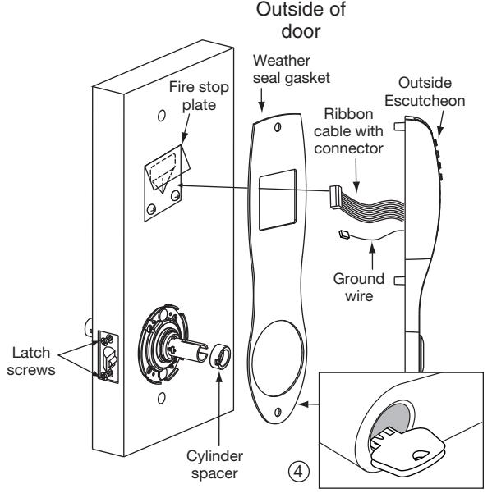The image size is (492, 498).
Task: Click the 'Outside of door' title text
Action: pyautogui.click(x=301, y=20)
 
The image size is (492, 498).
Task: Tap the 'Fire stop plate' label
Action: pyautogui.click(x=199, y=96)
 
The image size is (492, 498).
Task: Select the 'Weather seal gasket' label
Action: pyautogui.click(x=292, y=69)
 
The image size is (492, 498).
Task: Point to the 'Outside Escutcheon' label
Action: pyautogui.click(x=425, y=92)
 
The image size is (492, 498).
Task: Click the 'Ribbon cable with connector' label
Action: pyautogui.click(x=348, y=131)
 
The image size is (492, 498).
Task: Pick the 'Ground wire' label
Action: pyautogui.click(x=359, y=287)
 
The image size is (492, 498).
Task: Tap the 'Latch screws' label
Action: pyautogui.click(x=31, y=362)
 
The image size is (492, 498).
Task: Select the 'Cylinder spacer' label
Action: pyautogui.click(x=214, y=464)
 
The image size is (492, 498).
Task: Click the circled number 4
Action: pyautogui.click(x=298, y=472)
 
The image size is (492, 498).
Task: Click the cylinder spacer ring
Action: pyautogui.click(x=220, y=356)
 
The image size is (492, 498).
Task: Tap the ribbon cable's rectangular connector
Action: pyautogui.click(x=335, y=197)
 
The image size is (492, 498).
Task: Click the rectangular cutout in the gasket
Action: pyautogui.click(x=278, y=199)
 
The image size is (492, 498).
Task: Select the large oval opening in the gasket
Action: pyautogui.click(x=278, y=359)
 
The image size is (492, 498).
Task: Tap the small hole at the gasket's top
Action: pyautogui.click(x=278, y=127)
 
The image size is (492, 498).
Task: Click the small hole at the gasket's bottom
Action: pyautogui.click(x=278, y=412)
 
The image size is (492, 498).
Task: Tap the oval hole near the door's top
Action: pyautogui.click(x=162, y=116)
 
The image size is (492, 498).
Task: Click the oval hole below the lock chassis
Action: pyautogui.click(x=162, y=398)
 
